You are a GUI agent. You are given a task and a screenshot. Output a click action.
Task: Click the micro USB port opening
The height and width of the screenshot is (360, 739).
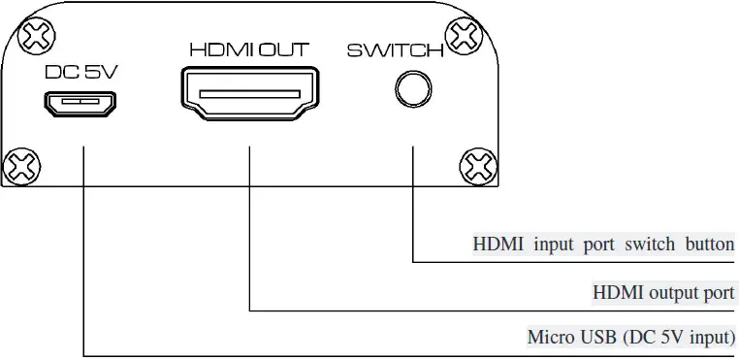[x=80, y=100]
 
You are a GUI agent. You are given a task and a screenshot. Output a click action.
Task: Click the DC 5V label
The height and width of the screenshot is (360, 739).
[x=80, y=71]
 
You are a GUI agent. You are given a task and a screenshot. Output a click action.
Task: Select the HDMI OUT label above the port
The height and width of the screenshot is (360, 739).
[x=248, y=49]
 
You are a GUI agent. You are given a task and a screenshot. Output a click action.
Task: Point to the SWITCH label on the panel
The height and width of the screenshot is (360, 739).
[x=395, y=49]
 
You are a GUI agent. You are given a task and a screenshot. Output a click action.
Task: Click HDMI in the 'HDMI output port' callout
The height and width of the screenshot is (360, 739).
[x=618, y=291]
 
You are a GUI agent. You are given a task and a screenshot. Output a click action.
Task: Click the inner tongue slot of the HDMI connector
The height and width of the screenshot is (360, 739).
[x=249, y=94]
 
